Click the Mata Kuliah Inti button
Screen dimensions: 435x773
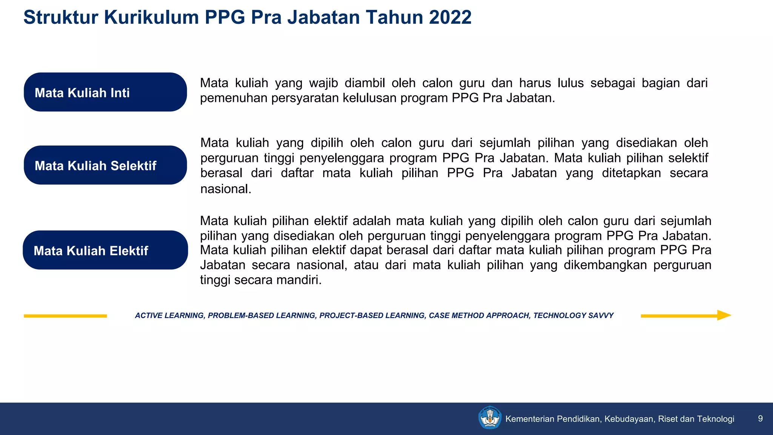[105, 92]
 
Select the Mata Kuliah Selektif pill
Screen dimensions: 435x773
[105, 165]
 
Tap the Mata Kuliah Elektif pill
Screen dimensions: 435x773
[105, 250]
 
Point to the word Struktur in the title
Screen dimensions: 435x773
[60, 17]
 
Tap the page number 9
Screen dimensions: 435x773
[760, 418]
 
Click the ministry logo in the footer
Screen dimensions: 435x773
[490, 418]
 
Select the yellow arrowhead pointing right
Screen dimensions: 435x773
[724, 315]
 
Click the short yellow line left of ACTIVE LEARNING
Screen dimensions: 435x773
[65, 316]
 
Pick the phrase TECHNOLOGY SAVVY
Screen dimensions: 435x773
[573, 315]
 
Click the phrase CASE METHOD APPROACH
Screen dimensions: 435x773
[479, 315]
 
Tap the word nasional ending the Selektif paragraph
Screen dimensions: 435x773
[225, 189]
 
